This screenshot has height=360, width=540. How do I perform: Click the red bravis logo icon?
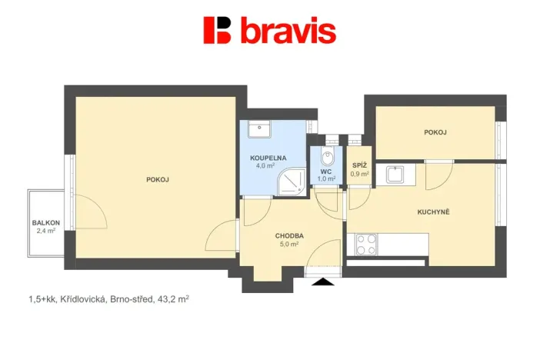[x=217, y=30]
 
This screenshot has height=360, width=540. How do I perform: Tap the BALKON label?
[x=45, y=223]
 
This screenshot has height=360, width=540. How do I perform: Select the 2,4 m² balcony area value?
[x=45, y=231]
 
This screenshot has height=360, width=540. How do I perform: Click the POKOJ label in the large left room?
[x=157, y=180]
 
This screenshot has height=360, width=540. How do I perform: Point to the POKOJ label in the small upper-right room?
[x=435, y=132]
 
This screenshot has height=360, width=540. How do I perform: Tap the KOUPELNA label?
[x=268, y=158]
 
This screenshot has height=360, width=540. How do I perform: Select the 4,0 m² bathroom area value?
[x=268, y=165]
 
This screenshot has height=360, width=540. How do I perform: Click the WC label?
[x=327, y=172]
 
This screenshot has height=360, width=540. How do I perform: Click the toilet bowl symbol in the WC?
[x=328, y=157]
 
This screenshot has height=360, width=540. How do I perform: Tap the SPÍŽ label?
[x=359, y=165]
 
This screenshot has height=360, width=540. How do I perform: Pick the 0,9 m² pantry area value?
[x=359, y=174]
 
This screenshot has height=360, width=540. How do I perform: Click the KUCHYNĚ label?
[x=434, y=212]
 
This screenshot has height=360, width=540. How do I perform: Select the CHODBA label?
[x=289, y=236]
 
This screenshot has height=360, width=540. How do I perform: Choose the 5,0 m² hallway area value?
[x=289, y=244]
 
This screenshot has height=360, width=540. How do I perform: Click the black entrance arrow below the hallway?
[x=323, y=282]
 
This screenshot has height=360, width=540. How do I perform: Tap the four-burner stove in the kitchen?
[x=366, y=245]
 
